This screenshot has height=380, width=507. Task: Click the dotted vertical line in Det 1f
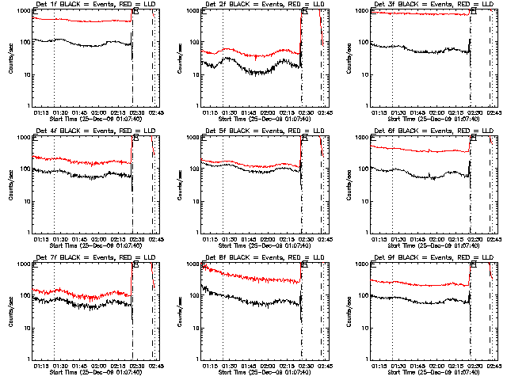click(54, 71)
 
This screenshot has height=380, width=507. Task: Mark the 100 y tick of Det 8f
click(195, 296)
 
